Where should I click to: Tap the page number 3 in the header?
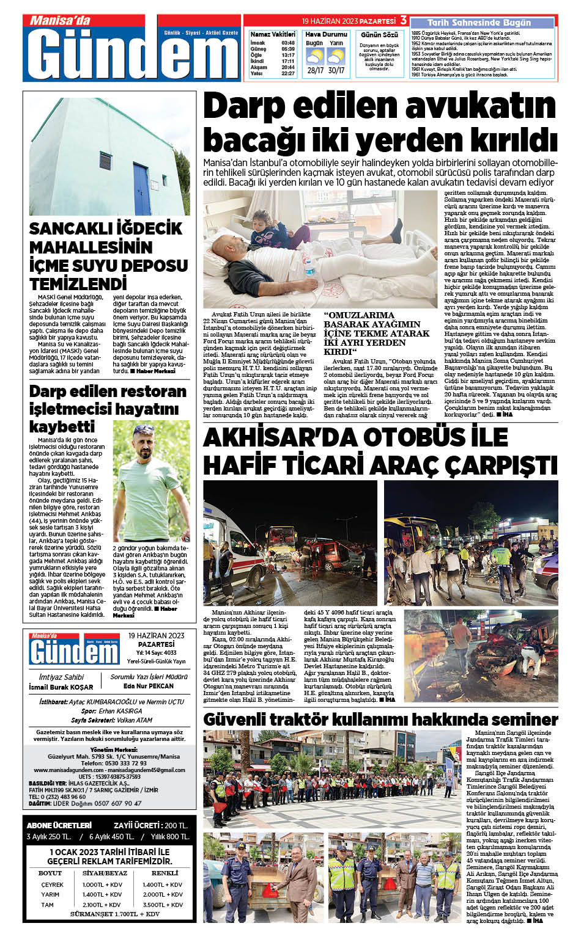(404, 20)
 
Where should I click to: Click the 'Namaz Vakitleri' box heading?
(272, 34)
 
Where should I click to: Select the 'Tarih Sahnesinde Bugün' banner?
(479, 23)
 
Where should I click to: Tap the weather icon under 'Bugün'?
(314, 57)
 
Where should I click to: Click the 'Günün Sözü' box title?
(379, 35)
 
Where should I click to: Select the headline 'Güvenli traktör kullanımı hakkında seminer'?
(380, 719)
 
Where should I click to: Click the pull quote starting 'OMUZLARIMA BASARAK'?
(377, 334)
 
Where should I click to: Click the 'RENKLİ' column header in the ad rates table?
(165, 873)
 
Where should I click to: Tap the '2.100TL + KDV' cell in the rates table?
(102, 905)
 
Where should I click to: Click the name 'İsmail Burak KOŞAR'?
(61, 687)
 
